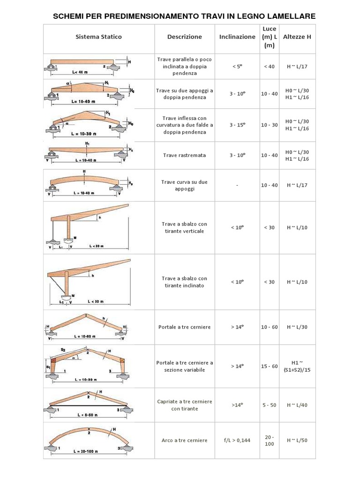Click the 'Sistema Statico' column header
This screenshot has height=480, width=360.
pos(99,37)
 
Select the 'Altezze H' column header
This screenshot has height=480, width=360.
pos(297,37)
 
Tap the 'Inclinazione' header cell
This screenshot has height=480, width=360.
pos(237,37)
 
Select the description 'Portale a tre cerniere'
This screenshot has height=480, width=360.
pos(184,327)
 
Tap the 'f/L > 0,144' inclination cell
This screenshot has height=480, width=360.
pos(237,440)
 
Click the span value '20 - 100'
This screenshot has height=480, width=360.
pos(269,440)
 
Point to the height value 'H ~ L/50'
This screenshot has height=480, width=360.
pos(297,440)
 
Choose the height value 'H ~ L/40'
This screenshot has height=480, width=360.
pos(297,405)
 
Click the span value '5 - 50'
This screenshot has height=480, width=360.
pos(269,405)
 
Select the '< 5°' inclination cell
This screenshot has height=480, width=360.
pos(237,67)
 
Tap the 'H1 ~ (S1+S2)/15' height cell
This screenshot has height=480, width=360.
pos(297,366)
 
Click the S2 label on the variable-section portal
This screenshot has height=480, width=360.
pos(63,350)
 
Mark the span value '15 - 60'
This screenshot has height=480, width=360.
pos(269,366)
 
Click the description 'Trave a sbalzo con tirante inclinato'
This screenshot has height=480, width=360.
pos(184,282)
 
